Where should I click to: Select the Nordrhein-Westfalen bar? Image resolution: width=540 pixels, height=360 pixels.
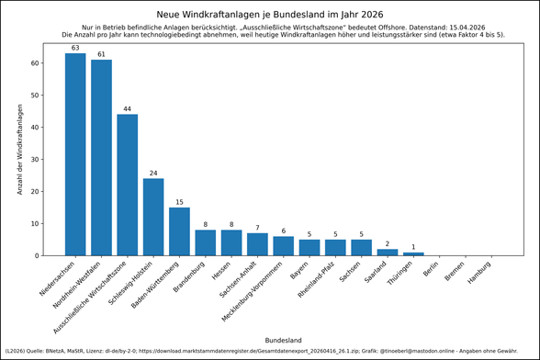click(101, 158)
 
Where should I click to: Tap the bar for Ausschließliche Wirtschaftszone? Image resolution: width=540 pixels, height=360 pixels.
click(128, 185)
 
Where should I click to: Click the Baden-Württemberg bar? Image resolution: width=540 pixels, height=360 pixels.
click(179, 231)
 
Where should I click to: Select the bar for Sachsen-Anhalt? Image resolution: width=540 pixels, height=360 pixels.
click(257, 244)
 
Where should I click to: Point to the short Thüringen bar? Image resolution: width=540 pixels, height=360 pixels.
click(413, 254)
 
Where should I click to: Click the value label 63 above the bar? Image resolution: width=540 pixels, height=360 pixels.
click(75, 48)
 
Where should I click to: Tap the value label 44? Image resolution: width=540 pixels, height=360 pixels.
click(128, 108)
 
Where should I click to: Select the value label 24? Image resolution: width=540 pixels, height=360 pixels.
click(153, 173)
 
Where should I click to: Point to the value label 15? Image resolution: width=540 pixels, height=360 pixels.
click(179, 202)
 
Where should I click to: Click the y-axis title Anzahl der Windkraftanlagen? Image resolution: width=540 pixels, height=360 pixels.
click(19, 150)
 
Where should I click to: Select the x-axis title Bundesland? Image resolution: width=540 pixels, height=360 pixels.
click(283, 340)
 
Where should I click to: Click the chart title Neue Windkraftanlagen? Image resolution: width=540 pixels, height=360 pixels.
click(269, 15)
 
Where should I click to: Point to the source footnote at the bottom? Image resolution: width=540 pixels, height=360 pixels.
click(269, 352)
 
